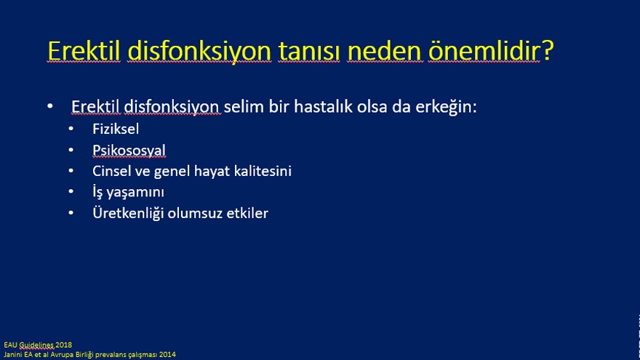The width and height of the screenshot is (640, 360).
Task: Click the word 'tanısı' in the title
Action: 308,51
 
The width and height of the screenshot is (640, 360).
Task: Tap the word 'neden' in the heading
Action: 384,51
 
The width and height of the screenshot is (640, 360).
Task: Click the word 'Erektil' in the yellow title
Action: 84,51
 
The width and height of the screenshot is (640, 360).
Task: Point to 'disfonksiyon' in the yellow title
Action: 199,52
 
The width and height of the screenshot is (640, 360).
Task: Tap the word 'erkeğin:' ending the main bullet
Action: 446,108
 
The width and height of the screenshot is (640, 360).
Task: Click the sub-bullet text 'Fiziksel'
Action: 116,129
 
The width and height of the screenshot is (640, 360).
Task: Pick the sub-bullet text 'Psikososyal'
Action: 129,151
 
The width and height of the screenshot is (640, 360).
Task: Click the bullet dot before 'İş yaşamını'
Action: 71,191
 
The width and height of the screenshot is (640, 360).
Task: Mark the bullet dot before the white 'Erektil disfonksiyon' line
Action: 49,106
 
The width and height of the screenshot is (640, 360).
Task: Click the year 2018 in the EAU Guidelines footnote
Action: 64,345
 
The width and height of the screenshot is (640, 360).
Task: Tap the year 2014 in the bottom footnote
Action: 168,355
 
